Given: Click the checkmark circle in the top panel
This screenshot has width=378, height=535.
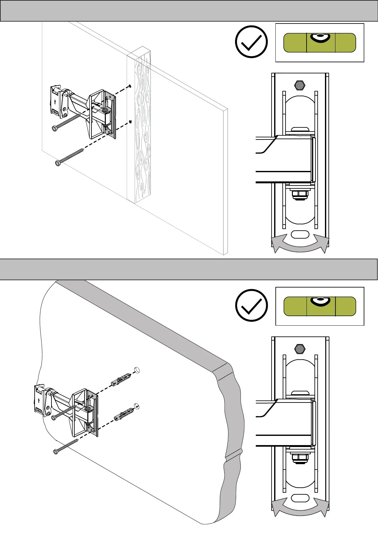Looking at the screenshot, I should (251, 42).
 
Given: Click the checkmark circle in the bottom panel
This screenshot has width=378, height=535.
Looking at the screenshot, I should (251, 305).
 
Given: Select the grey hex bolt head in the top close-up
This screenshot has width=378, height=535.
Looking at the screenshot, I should (300, 85).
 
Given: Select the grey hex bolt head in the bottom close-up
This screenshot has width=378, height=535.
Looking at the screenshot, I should (300, 349).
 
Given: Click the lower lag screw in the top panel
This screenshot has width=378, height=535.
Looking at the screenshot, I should (70, 156).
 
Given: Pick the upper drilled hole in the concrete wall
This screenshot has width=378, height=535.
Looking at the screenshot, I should (137, 370).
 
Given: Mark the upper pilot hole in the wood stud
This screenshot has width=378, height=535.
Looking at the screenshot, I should (130, 86).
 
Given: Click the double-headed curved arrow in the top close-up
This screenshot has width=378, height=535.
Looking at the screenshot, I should (300, 245).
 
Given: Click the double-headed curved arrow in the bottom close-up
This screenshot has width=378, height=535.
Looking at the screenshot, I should (300, 509).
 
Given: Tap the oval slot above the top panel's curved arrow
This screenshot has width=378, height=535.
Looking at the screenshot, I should (300, 234).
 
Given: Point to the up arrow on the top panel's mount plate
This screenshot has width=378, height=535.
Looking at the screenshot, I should (55, 102).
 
